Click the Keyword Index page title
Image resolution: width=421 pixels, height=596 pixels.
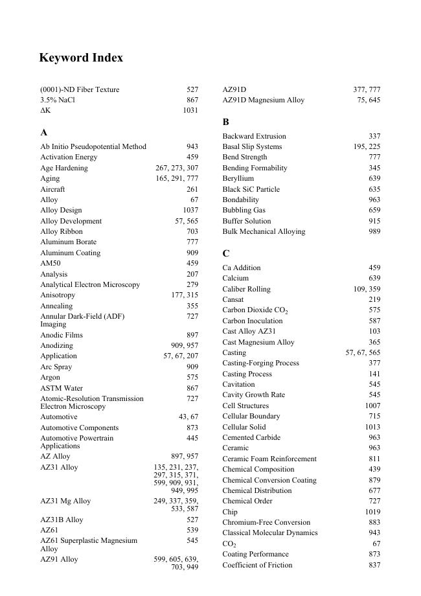[81, 58]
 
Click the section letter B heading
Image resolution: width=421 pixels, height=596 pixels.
[226, 122]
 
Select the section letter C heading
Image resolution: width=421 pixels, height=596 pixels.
[226, 253]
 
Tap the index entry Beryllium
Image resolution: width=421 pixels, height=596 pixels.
[238, 178]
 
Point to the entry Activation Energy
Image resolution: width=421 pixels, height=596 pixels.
[69, 157]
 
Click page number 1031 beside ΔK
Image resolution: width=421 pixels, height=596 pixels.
[190, 111]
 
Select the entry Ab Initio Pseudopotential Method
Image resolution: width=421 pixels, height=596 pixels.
[93, 146]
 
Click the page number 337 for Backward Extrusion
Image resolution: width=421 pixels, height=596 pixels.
[374, 136]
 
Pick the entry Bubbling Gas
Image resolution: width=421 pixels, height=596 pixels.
[244, 210]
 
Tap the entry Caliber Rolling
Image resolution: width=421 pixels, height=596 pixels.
[246, 289]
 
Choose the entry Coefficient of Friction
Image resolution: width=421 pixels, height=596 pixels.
[257, 565]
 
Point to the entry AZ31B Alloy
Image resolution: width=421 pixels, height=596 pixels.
[62, 520]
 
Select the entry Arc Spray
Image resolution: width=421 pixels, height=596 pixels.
[56, 367]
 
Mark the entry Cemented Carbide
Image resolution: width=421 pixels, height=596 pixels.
[251, 437]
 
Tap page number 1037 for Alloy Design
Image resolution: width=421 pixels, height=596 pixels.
[190, 211]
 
